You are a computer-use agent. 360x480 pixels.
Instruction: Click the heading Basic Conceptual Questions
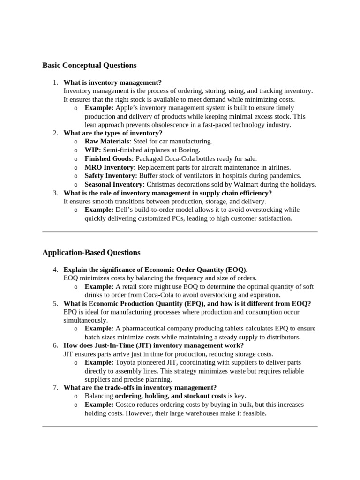pyautogui.click(x=89, y=65)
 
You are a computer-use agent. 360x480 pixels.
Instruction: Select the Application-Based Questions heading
pyautogui.click(x=91, y=252)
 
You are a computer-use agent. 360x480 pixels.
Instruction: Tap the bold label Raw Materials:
pyautogui.click(x=108, y=141)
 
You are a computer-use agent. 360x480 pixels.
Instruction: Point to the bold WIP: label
pyautogui.click(x=93, y=150)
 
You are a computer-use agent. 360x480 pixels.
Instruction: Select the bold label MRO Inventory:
pyautogui.click(x=110, y=167)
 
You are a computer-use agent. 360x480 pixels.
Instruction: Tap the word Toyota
pyautogui.click(x=127, y=362)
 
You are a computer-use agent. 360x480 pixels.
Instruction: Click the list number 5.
pyautogui.click(x=55, y=303)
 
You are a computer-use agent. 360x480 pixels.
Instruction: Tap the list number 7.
pyautogui.click(x=55, y=387)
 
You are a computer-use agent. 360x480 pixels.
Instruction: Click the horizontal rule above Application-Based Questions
pyautogui.click(x=180, y=231)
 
